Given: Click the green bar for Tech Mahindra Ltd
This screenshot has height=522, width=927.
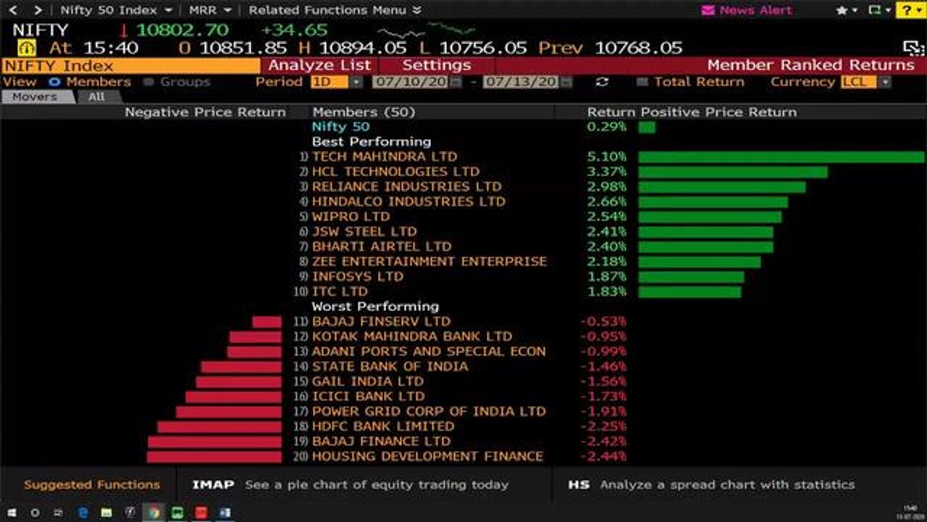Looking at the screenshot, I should pyautogui.click(x=781, y=157).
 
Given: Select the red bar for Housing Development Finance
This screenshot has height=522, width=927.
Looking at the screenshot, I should pyautogui.click(x=214, y=457).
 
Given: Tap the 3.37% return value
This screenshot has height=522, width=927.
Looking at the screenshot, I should pyautogui.click(x=607, y=172).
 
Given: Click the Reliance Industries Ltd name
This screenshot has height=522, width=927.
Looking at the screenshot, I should pyautogui.click(x=406, y=186).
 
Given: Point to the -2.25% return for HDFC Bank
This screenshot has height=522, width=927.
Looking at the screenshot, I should pyautogui.click(x=603, y=426).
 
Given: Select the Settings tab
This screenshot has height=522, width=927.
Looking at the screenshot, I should pyautogui.click(x=436, y=65).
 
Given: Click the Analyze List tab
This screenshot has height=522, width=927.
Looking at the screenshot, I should pyautogui.click(x=319, y=65).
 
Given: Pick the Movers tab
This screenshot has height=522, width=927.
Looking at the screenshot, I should pyautogui.click(x=34, y=96).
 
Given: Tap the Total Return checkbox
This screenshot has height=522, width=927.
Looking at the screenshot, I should pyautogui.click(x=642, y=82).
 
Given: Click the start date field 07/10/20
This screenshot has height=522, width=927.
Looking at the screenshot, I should pyautogui.click(x=411, y=82).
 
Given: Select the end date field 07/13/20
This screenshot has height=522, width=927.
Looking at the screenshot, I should pyautogui.click(x=521, y=82).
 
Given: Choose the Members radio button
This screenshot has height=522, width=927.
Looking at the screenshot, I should pyautogui.click(x=54, y=82).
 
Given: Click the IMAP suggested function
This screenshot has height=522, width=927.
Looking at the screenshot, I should pyautogui.click(x=213, y=484).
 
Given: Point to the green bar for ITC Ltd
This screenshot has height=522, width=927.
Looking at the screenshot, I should pyautogui.click(x=689, y=292).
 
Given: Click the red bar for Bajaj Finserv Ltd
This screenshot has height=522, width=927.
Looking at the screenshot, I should pyautogui.click(x=267, y=322).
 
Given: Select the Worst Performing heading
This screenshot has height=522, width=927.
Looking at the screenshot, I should pyautogui.click(x=375, y=306).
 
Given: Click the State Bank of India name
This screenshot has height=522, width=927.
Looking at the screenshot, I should pyautogui.click(x=390, y=366).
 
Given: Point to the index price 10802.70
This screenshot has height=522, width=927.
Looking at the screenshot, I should pyautogui.click(x=182, y=30).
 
